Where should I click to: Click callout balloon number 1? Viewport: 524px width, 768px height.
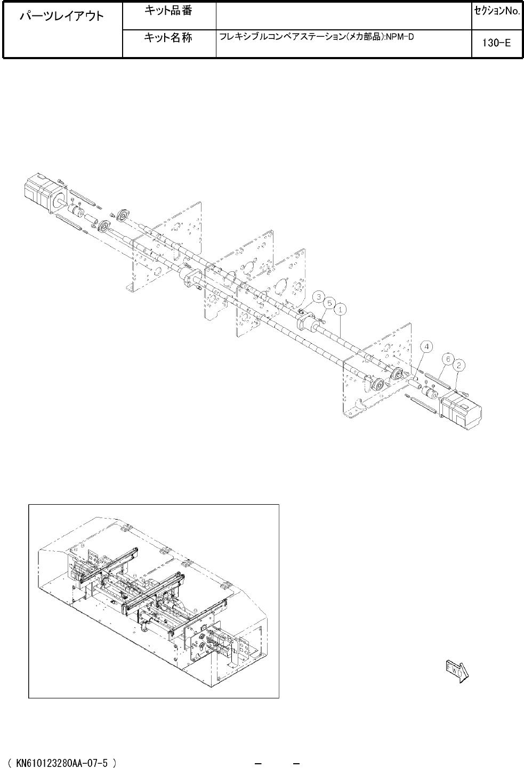[340, 310]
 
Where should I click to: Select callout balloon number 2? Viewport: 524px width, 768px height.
[459, 366]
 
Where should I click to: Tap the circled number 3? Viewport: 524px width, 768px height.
[319, 296]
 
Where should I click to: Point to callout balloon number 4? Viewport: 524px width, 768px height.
[426, 346]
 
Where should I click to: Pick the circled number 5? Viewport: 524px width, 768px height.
[329, 303]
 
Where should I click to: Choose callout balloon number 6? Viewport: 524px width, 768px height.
[448, 359]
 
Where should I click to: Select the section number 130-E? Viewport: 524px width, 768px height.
[496, 43]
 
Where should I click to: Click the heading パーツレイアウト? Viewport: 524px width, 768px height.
[62, 16]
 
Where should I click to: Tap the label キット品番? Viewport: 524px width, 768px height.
[168, 11]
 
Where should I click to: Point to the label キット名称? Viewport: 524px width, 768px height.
[168, 37]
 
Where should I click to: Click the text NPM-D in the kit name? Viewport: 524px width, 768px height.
[400, 37]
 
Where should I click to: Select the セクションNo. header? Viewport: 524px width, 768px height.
[497, 11]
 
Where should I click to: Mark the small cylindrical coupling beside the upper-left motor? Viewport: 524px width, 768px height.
[76, 210]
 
